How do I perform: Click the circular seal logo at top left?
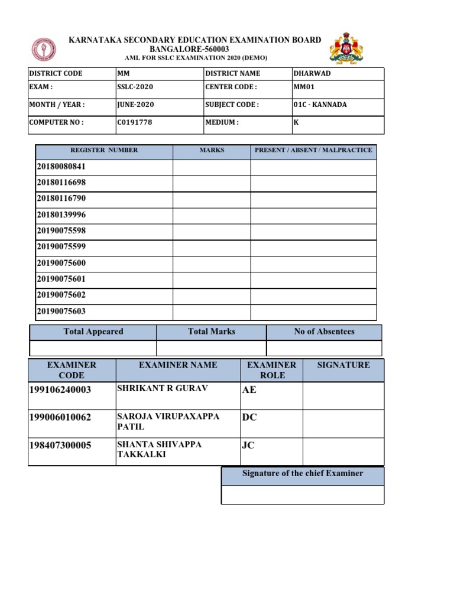pos(44,51)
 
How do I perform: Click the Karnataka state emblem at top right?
pos(346,48)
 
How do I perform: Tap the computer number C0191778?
pos(135,123)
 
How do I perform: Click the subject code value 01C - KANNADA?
pos(320,105)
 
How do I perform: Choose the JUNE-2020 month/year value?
pos(135,105)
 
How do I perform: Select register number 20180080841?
pos(61,167)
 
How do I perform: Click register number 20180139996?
pos(61,215)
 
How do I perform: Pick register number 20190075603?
pos(61,311)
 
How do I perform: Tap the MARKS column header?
pos(212,151)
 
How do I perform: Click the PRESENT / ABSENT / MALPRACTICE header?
pos(313,151)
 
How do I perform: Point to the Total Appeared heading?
pos(93,332)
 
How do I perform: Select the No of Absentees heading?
pos(324,332)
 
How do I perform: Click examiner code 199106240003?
pos(60,389)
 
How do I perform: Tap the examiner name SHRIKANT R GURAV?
pos(154,388)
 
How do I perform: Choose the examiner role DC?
pos(249,417)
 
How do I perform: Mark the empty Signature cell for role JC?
pos(343,451)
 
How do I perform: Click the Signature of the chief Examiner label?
pos(303,474)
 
